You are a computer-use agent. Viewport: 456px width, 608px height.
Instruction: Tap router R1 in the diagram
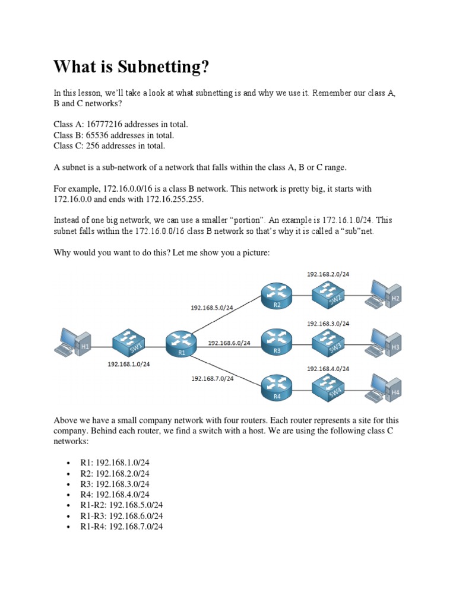pos(181,343)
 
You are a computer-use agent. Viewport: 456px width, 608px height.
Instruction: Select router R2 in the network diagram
pos(276,295)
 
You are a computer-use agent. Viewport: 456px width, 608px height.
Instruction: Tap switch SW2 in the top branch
pos(328,295)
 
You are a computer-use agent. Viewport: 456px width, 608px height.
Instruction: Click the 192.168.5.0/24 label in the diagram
pos(212,308)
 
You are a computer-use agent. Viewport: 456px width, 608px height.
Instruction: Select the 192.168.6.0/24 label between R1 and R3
pos(229,343)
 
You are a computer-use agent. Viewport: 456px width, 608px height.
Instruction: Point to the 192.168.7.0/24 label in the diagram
pos(213,378)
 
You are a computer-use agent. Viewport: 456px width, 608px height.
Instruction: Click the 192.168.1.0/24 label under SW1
pos(129,365)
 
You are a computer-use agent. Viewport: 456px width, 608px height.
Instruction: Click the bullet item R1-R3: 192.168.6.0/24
pos(122,516)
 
